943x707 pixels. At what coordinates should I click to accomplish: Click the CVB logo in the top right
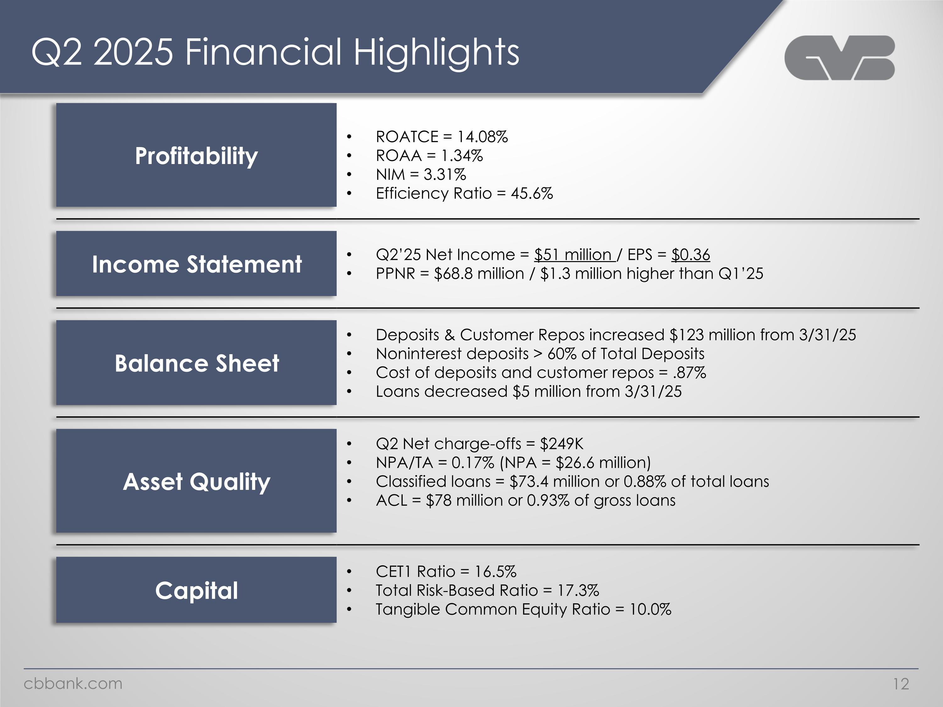(x=839, y=58)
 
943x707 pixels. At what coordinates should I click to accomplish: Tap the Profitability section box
(x=196, y=155)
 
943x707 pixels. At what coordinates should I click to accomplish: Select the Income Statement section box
(x=196, y=264)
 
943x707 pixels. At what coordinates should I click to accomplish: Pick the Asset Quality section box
(x=196, y=481)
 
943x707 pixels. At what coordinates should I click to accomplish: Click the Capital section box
(x=196, y=590)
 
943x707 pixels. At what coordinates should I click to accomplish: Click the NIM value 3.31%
(x=445, y=175)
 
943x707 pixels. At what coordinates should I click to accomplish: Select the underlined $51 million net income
(x=573, y=255)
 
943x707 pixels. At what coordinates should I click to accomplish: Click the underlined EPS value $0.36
(x=691, y=255)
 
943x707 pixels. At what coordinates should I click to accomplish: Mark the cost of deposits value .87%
(x=689, y=373)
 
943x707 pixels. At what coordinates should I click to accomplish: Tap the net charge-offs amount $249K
(x=561, y=444)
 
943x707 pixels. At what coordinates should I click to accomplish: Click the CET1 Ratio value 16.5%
(x=495, y=572)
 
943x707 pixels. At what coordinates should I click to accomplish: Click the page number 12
(x=901, y=684)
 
